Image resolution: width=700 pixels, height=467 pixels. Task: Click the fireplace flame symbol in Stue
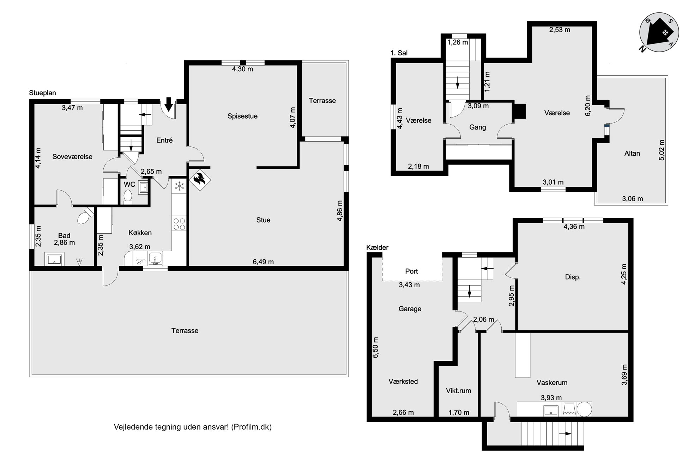pyautogui.click(x=200, y=179)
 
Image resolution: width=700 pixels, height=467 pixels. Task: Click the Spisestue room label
pyautogui.click(x=242, y=116)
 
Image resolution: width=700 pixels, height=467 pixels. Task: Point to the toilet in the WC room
pyautogui.click(x=127, y=197)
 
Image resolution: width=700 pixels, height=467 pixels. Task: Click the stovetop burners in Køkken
pyautogui.click(x=179, y=224)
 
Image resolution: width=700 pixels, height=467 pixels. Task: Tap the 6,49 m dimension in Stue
pyautogui.click(x=263, y=262)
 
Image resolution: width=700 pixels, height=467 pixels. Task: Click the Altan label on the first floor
pyautogui.click(x=632, y=153)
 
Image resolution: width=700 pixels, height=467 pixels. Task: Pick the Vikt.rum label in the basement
pyautogui.click(x=458, y=391)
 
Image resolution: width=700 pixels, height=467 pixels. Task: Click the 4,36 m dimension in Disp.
pyautogui.click(x=574, y=227)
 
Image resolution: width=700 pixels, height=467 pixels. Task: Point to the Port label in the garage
pyautogui.click(x=411, y=271)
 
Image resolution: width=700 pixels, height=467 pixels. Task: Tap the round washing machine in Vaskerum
pyautogui.click(x=584, y=409)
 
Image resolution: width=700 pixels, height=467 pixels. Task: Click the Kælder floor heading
pyautogui.click(x=377, y=247)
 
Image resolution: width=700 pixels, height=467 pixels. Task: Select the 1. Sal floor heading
pyautogui.click(x=399, y=53)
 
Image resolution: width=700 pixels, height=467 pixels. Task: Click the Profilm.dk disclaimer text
pyautogui.click(x=193, y=427)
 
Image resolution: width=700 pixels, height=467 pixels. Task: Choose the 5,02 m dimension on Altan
pyautogui.click(x=662, y=150)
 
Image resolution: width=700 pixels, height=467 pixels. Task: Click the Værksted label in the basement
pyautogui.click(x=403, y=381)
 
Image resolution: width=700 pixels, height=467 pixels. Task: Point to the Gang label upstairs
pyautogui.click(x=477, y=127)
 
